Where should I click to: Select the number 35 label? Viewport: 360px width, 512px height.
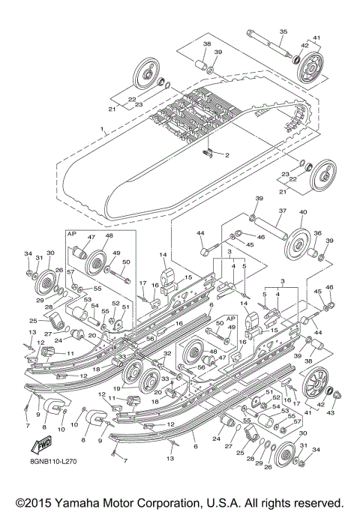point(284,31)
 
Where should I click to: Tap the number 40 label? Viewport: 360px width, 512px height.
point(304,212)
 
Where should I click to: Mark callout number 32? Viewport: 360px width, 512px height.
point(168,352)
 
